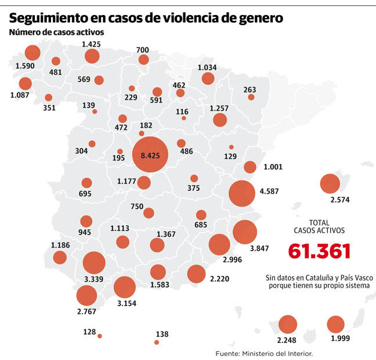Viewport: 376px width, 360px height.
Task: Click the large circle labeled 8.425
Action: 150,155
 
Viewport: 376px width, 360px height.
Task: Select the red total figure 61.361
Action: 319,251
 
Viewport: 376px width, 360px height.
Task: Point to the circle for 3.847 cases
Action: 245,232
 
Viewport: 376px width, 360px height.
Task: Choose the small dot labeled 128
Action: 100,336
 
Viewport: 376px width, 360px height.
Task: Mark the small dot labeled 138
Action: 156,343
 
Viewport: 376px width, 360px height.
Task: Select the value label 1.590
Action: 25,66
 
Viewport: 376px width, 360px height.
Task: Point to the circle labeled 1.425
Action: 92,56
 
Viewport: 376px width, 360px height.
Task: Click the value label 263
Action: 250,89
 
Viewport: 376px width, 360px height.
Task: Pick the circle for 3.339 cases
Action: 94,263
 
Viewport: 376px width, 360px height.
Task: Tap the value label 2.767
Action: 86,311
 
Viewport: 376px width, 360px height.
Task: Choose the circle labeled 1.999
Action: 336,324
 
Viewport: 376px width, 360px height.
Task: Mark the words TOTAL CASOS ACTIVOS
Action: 319,227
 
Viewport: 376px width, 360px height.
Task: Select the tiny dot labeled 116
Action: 184,118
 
